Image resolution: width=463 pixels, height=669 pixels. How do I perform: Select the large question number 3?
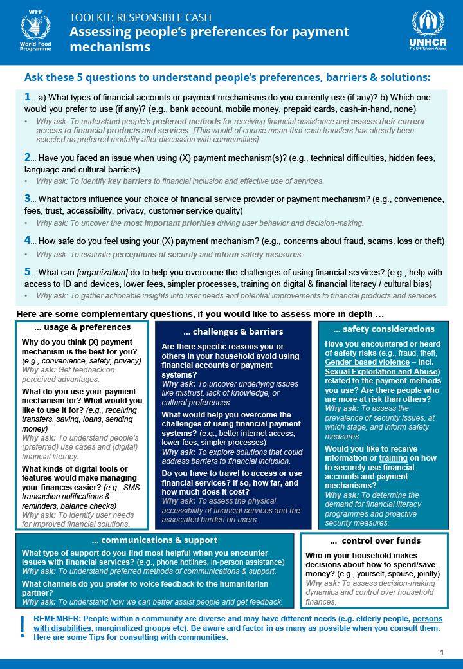click(28, 199)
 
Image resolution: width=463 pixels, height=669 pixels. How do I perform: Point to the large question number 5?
click(28, 271)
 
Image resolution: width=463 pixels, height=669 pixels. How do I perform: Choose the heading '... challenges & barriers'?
click(233, 332)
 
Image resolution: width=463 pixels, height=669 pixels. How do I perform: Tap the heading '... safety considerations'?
click(384, 329)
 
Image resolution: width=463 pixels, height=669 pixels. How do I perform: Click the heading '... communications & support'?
click(155, 540)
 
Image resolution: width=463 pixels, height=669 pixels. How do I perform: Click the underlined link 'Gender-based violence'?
click(367, 362)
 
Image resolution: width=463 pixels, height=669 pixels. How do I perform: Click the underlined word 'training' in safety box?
click(393, 459)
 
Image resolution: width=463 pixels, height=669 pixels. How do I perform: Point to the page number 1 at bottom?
click(442, 652)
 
